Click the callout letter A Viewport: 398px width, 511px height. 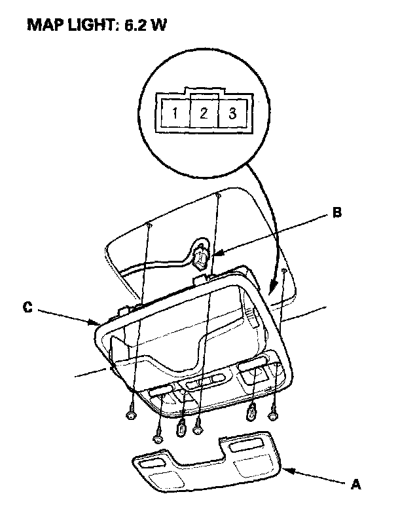(x=355, y=484)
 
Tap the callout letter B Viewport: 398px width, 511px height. (x=336, y=212)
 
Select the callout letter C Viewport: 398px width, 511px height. (x=28, y=307)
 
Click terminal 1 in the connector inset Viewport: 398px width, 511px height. (x=175, y=113)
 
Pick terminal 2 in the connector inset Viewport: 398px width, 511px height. (x=204, y=113)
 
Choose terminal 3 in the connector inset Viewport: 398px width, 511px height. (x=232, y=113)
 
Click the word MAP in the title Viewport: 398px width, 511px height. (x=45, y=25)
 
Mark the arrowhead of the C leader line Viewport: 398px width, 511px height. (x=94, y=322)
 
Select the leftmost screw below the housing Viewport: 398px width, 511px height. (x=131, y=411)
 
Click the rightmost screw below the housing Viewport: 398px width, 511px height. (x=273, y=413)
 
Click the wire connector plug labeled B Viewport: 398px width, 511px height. (x=201, y=258)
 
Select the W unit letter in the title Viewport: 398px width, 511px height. (x=158, y=25)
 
